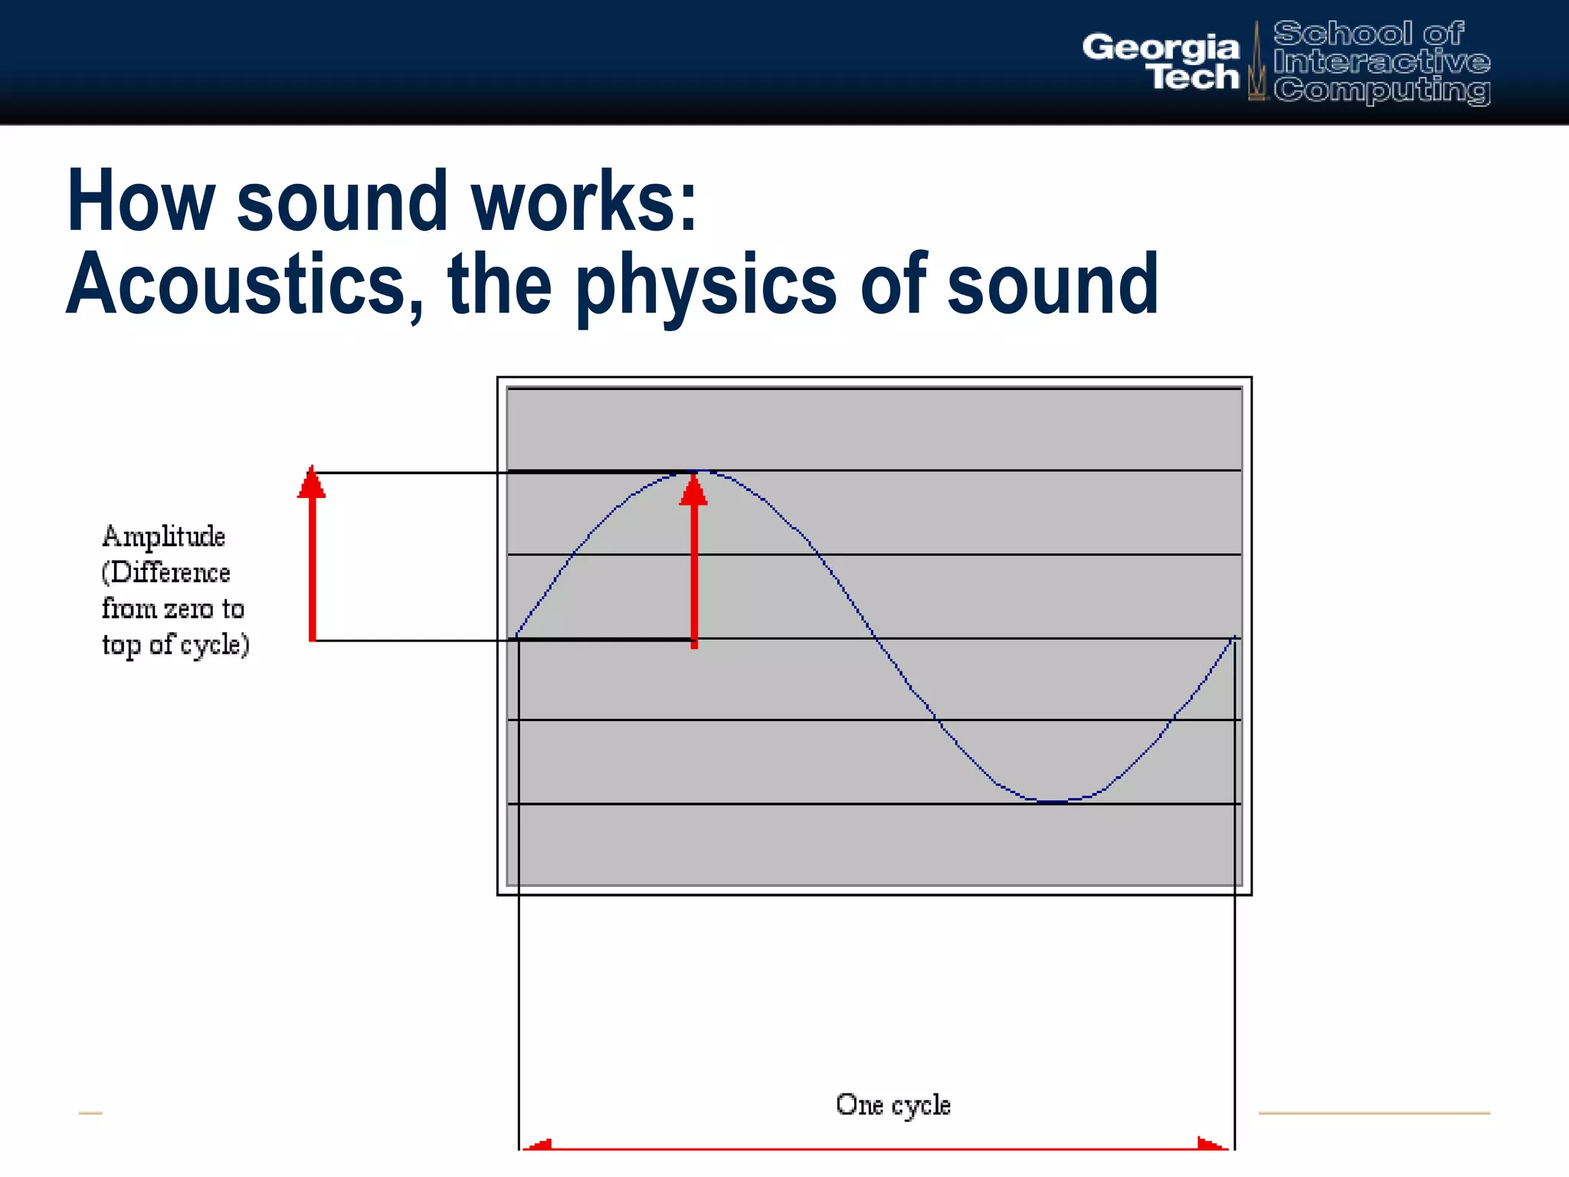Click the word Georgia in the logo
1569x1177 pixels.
point(1160,48)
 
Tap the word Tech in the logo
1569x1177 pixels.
point(1194,77)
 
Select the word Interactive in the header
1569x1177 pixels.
point(1381,61)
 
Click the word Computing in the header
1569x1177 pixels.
point(1381,90)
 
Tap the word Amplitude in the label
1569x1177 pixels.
point(163,536)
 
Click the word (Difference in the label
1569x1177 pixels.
point(165,572)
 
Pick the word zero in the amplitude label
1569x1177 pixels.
point(188,609)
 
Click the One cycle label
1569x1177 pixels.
point(893,1105)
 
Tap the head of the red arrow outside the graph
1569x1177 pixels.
point(312,484)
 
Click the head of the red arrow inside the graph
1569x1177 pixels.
point(694,490)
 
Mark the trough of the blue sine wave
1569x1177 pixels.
point(1056,802)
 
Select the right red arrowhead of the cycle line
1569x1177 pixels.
point(1212,1144)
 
